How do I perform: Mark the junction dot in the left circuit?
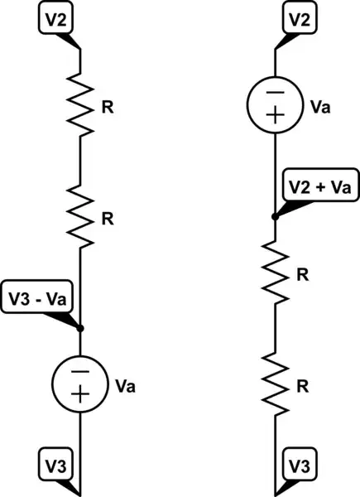pos(80,328)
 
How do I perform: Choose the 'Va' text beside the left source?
pos(125,385)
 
